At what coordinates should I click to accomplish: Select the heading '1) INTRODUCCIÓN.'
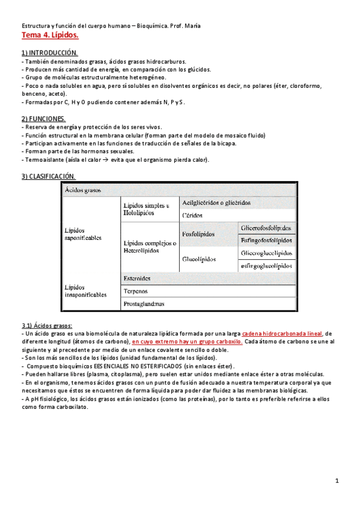49,54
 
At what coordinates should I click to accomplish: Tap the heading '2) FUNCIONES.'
44,119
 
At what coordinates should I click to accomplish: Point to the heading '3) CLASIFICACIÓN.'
49,176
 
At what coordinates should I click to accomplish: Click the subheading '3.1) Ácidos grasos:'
47,325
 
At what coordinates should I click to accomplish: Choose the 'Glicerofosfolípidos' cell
266,228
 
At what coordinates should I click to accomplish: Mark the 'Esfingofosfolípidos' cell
266,241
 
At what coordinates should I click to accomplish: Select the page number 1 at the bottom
338,481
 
